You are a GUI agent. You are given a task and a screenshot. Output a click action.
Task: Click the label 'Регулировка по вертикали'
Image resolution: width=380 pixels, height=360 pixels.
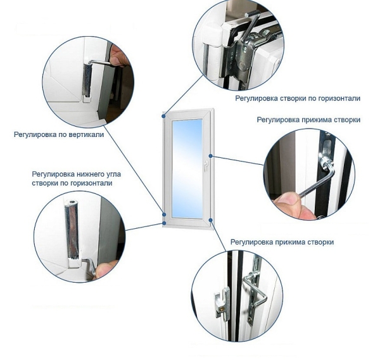(x=59, y=134)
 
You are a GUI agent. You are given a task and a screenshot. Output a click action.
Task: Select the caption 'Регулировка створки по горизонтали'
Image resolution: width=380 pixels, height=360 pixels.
(x=298, y=98)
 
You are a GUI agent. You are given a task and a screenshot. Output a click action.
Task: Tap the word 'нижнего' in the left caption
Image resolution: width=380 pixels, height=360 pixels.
(x=87, y=174)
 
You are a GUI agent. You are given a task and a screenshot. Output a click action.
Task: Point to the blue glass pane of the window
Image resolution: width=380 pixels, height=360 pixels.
(x=187, y=169)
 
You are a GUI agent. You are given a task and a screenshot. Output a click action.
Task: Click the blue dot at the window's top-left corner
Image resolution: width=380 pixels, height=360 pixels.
(x=164, y=116)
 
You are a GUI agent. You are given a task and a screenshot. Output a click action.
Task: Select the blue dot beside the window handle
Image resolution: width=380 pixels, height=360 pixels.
(x=211, y=156)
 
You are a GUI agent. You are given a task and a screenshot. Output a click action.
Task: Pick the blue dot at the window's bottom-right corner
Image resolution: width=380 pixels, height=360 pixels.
(x=211, y=220)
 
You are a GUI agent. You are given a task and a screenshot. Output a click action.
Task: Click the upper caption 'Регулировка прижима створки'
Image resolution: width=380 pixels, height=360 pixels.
(x=308, y=120)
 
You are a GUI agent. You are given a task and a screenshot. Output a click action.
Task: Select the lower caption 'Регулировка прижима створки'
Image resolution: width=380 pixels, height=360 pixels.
(x=282, y=242)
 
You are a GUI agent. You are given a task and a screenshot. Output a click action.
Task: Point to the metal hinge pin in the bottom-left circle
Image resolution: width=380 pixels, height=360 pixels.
(x=73, y=229)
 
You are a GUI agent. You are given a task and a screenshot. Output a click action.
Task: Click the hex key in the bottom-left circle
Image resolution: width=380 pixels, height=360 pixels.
(x=89, y=266)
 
